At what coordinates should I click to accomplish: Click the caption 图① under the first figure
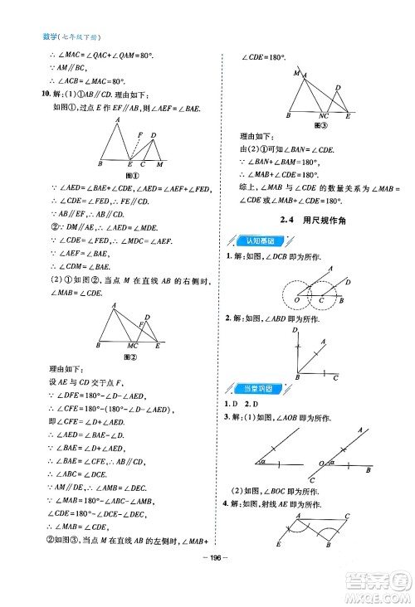pos(131,176)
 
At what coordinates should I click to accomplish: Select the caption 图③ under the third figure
pos(317,125)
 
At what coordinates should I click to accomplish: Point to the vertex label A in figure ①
pos(119,120)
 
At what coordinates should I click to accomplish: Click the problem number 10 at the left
pos(23,95)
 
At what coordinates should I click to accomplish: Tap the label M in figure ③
pos(296,73)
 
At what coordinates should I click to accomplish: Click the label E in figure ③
pos(347,116)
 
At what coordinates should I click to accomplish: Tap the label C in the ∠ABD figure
pos(335,378)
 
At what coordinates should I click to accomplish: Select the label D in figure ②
pos(147,317)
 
